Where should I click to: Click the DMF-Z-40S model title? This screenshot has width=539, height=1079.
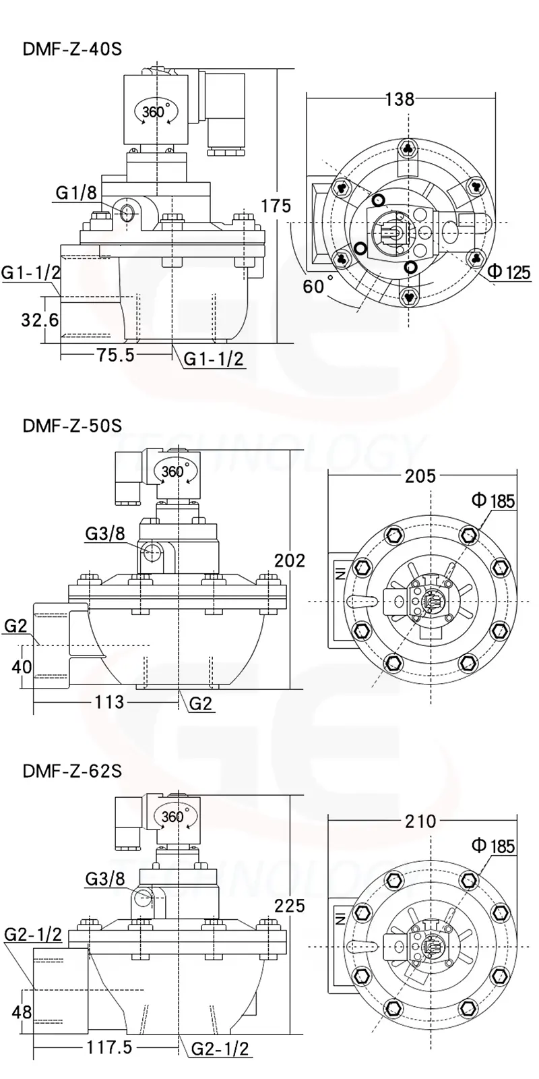71,49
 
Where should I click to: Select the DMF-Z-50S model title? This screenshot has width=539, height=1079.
71,426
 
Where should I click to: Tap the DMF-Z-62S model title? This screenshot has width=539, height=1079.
71,771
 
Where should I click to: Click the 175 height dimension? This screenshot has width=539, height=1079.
276,206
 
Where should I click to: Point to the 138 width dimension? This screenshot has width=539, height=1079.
400,99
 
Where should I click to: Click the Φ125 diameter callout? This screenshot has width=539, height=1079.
509,272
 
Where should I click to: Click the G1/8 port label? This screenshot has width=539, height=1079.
75,194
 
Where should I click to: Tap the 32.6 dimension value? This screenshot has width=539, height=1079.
40,319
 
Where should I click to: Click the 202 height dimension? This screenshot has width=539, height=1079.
289,560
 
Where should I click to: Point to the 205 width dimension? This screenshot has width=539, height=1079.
420,476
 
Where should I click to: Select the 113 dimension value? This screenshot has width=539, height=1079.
109,702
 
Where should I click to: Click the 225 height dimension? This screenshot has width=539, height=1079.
289,905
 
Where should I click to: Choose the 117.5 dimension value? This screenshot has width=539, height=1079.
108,1047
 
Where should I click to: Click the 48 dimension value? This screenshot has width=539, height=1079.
22,1012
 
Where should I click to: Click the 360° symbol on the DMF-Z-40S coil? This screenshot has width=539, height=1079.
154,111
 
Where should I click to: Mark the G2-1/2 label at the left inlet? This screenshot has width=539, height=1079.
32,935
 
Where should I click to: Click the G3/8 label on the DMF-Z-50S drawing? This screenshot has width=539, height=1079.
105,534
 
